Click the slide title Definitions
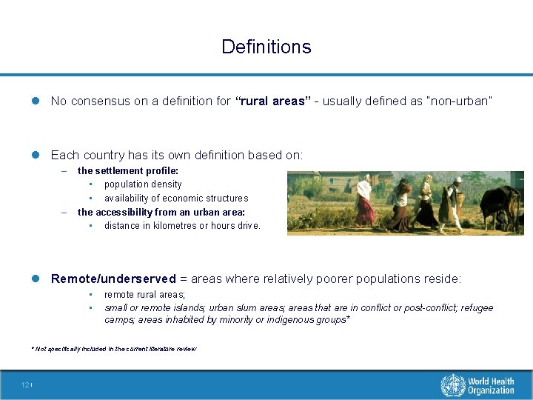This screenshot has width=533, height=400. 266,47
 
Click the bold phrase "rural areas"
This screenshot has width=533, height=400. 270,101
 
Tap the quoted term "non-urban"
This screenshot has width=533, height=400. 458,101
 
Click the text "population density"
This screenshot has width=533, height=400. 143,184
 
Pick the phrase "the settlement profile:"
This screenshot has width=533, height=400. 118,171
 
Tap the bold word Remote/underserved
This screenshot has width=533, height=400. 113,279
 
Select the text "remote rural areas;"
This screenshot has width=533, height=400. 144,294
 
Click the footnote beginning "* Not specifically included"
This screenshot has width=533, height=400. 114,348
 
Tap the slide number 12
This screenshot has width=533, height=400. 25,384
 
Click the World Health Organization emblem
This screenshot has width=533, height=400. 452,385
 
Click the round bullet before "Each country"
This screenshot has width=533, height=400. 37,155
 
